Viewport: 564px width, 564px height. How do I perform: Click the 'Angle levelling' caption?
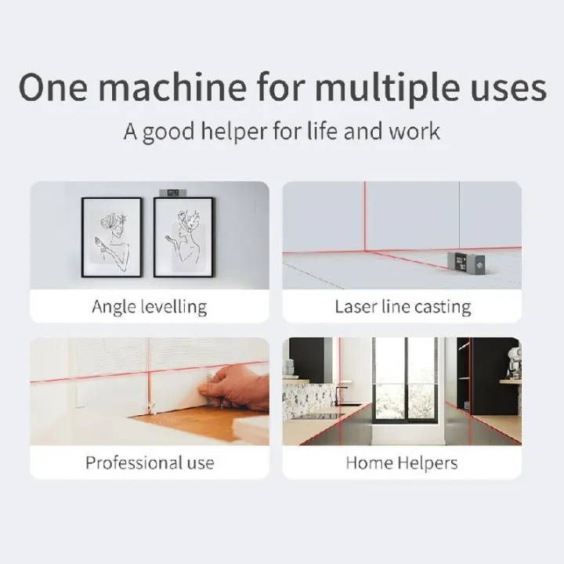(x=149, y=306)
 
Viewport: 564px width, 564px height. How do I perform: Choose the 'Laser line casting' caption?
(x=403, y=306)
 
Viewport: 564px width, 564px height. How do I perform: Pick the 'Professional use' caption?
(x=149, y=462)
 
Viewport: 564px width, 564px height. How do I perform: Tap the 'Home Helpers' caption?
(x=403, y=462)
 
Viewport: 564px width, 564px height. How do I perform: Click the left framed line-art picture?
(x=111, y=236)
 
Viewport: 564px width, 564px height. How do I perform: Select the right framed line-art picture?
(x=183, y=236)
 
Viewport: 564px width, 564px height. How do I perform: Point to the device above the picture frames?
(x=169, y=190)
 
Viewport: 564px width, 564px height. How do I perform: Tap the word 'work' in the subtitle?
(x=414, y=131)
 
